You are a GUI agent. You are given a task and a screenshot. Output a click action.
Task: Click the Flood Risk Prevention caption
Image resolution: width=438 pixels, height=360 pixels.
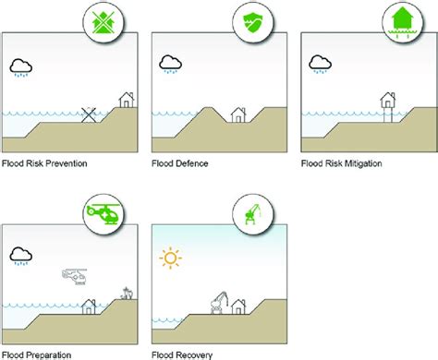[44, 164]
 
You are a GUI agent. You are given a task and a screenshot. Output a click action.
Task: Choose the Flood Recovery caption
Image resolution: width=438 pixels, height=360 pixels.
[180, 354]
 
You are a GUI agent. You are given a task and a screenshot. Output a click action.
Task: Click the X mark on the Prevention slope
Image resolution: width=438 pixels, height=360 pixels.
[90, 114]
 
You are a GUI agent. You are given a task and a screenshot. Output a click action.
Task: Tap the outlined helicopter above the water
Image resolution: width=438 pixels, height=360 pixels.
[73, 274]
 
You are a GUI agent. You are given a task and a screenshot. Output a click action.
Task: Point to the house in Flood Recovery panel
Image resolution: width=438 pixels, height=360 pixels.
[238, 305]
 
